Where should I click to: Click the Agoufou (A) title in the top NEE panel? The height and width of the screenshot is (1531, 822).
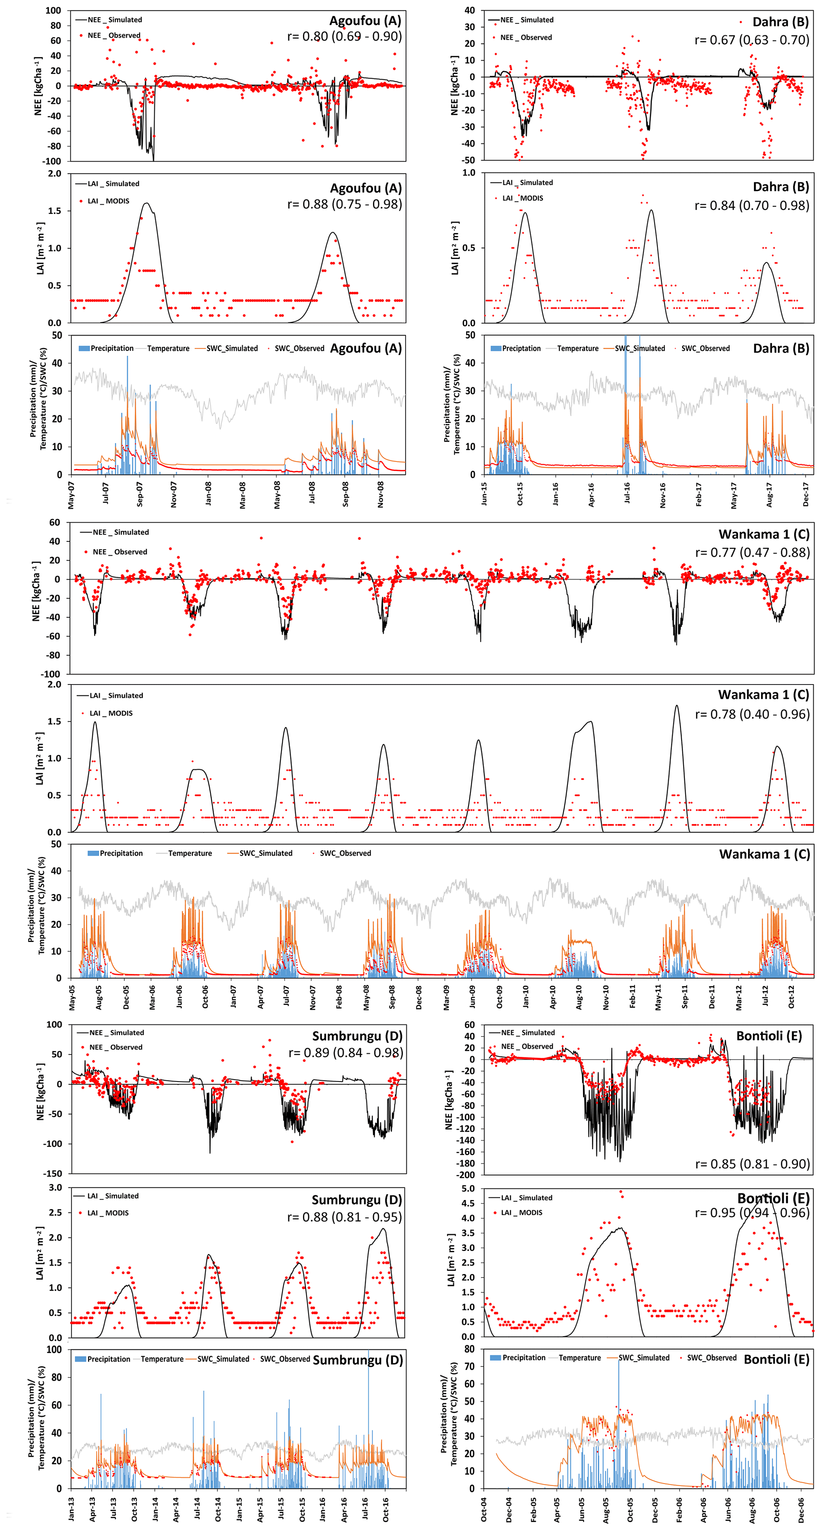pyautogui.click(x=365, y=21)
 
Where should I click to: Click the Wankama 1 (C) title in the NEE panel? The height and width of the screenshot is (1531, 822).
pyautogui.click(x=764, y=534)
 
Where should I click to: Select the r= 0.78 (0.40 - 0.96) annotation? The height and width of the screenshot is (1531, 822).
pyautogui.click(x=752, y=714)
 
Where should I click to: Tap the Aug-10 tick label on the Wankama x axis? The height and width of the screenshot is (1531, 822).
pyautogui.click(x=579, y=997)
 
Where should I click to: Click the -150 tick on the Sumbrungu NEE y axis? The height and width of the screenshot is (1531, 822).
pyautogui.click(x=53, y=1173)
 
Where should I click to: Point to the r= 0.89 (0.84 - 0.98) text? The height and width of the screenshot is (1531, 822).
pyautogui.click(x=345, y=1052)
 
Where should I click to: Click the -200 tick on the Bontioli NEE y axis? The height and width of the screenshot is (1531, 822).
pyautogui.click(x=465, y=1174)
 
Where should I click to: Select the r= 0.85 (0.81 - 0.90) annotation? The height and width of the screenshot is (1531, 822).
pyautogui.click(x=752, y=1164)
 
